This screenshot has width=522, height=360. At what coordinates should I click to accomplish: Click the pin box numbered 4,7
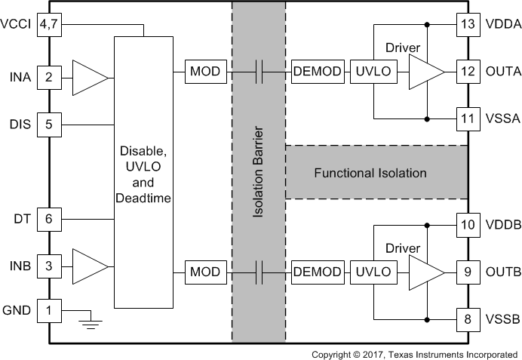click(49, 25)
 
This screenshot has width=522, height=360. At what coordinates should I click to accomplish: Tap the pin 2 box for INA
click(49, 78)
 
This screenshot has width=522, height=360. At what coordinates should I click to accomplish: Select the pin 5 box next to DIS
click(49, 125)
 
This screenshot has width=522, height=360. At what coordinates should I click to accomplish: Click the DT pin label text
click(23, 219)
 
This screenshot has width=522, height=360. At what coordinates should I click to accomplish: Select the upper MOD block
click(206, 72)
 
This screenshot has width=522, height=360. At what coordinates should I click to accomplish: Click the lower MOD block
click(206, 272)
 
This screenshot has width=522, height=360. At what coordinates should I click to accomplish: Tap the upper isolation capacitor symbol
click(259, 72)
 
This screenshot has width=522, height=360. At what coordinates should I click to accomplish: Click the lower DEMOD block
click(318, 272)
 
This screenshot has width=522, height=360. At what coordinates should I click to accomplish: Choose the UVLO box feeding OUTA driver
click(373, 72)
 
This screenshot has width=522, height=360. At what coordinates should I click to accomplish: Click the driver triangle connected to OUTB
click(427, 272)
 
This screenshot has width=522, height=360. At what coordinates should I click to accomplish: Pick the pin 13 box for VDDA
click(468, 25)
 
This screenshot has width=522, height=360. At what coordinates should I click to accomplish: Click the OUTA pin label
click(503, 72)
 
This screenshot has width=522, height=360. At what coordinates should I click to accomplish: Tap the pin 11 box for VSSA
click(468, 119)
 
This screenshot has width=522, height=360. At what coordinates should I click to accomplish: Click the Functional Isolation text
click(370, 173)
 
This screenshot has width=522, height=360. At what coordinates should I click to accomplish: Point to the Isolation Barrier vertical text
click(258, 172)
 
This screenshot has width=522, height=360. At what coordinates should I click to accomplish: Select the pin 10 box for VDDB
click(468, 225)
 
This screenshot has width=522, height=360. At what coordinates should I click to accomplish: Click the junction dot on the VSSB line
click(427, 320)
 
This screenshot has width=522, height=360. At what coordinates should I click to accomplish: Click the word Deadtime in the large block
click(143, 198)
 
